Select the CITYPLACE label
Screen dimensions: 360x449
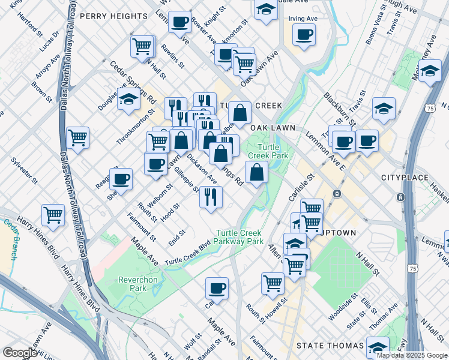pos(404,178)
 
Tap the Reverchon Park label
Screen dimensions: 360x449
pos(132,283)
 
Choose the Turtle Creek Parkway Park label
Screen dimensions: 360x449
pos(240,237)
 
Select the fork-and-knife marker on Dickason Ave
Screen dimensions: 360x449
pos(211,196)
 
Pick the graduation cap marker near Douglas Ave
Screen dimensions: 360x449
pos(128,100)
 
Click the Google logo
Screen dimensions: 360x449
pos(20,353)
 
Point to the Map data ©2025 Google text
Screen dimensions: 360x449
pos(412,355)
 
